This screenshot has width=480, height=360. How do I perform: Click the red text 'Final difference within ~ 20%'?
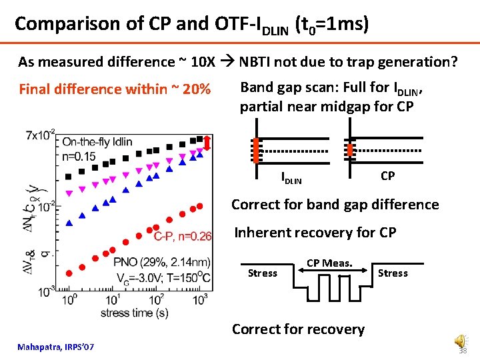[x=115, y=89]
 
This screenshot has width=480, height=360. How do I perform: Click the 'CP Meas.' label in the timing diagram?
[x=329, y=263]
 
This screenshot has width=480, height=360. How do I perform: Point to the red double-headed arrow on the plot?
[x=207, y=143]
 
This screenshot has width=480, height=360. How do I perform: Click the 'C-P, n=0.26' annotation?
[x=183, y=236]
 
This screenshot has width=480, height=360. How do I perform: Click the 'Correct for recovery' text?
[x=298, y=329]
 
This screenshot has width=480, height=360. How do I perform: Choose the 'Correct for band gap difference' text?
[x=335, y=204]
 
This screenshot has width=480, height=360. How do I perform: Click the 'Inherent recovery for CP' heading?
[x=315, y=233]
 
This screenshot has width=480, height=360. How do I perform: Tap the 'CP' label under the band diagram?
[x=388, y=175]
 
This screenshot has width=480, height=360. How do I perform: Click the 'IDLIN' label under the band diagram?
[x=291, y=178]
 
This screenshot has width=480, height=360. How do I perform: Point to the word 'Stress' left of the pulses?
[x=262, y=273]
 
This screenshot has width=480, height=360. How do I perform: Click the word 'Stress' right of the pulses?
[x=393, y=273]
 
